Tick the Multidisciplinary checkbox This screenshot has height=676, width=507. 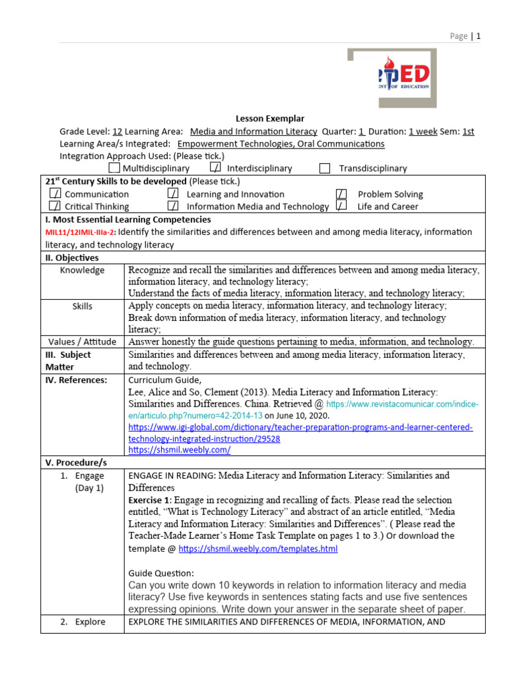click(x=114, y=168)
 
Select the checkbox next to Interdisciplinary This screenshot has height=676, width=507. click(x=215, y=168)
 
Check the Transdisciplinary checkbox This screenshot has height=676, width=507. click(x=324, y=168)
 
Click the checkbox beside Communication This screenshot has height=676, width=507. click(x=55, y=194)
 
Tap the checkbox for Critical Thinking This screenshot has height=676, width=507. click(x=55, y=206)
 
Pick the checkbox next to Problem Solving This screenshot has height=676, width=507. click(x=341, y=194)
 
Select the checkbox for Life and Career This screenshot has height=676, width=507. click(x=341, y=206)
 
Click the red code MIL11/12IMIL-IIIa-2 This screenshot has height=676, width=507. click(x=80, y=232)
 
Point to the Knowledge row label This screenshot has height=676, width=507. click(x=82, y=270)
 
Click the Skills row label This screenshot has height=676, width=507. click(x=82, y=306)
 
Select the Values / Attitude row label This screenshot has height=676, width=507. click(x=82, y=342)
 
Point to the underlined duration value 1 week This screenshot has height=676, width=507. click(x=422, y=131)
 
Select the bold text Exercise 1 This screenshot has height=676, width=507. click(x=152, y=500)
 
